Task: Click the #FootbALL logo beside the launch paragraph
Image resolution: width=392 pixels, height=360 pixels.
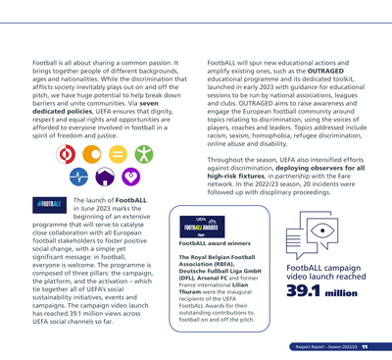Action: click(x=48, y=204)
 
